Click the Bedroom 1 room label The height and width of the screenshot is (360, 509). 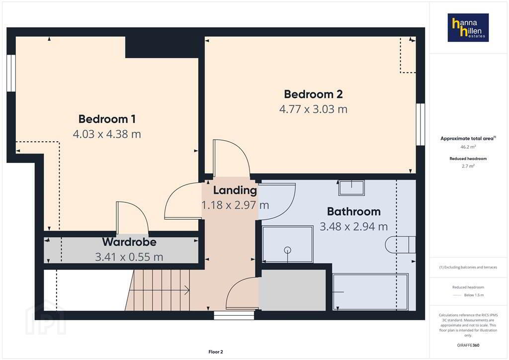(107, 119)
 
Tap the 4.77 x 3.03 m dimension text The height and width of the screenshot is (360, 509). (313, 109)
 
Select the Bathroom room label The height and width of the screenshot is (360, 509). (354, 212)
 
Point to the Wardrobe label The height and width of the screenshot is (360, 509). (129, 242)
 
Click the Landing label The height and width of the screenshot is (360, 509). (235, 190)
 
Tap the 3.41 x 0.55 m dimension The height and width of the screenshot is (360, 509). (129, 257)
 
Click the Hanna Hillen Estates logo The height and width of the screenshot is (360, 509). (468, 27)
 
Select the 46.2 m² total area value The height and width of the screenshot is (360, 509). (468, 147)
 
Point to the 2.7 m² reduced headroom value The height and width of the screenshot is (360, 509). (468, 166)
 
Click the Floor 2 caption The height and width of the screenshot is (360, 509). (216, 352)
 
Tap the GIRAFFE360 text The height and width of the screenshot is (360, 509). (468, 345)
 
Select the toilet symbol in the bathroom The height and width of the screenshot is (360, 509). (400, 245)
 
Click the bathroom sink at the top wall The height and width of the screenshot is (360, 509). (351, 188)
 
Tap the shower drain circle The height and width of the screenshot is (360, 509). (287, 250)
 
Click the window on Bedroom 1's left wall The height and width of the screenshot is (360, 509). (11, 73)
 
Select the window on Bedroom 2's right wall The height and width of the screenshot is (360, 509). (421, 124)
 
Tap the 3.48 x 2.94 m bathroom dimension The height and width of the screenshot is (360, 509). (354, 227)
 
